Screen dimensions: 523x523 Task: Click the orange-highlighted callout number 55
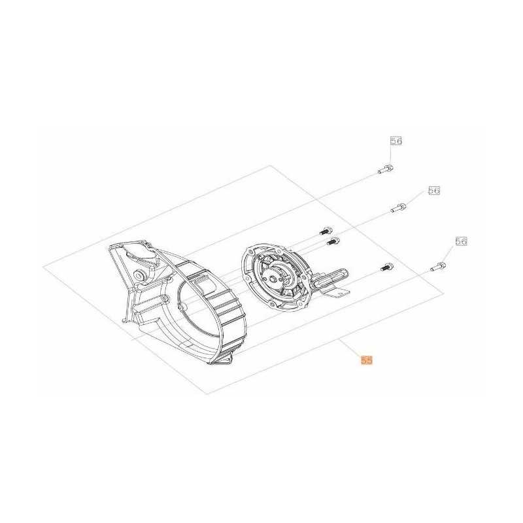[367, 360]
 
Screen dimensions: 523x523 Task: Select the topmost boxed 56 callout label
[396, 141]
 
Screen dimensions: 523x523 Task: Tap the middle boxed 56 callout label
[434, 191]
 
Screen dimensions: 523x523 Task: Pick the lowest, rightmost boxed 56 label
[461, 241]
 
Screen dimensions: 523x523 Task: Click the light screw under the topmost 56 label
[386, 169]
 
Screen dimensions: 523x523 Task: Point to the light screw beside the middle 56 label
[399, 207]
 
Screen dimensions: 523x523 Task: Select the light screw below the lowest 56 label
[438, 267]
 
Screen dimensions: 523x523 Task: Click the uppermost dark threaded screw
[326, 230]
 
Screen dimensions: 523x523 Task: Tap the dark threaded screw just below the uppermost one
[333, 241]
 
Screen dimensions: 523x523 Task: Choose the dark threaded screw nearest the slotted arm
[387, 267]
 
